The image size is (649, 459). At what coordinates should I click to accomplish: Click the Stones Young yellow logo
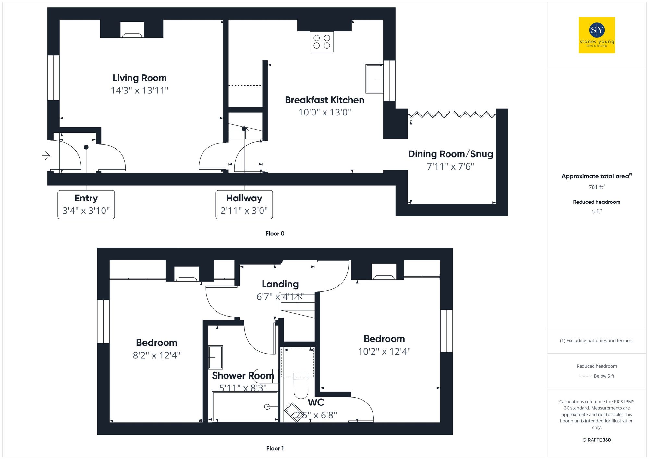(x=596, y=35)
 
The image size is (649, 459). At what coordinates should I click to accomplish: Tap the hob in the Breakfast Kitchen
(x=322, y=42)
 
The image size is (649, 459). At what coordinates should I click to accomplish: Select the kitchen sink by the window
(x=374, y=79)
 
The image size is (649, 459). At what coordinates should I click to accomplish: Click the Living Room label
(x=140, y=78)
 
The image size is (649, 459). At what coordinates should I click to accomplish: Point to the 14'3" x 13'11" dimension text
(x=140, y=90)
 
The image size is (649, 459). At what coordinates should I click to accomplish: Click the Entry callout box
(x=86, y=204)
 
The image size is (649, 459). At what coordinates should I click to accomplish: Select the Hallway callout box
(x=244, y=204)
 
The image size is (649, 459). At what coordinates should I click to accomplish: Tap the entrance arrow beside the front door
(x=46, y=156)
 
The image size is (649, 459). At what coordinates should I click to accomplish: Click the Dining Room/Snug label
(x=450, y=154)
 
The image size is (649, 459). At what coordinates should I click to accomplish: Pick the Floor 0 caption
(x=275, y=233)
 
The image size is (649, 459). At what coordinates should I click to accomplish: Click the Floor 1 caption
(x=275, y=448)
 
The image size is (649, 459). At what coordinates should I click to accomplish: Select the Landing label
(x=280, y=284)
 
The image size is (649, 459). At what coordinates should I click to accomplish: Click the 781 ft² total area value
(x=596, y=187)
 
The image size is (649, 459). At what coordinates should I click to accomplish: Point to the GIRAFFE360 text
(x=596, y=440)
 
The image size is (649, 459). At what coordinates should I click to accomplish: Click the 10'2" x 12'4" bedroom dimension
(x=384, y=351)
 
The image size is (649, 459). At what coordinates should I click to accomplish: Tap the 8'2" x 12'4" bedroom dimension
(x=156, y=355)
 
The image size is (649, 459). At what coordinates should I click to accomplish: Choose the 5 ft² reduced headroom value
(x=596, y=211)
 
